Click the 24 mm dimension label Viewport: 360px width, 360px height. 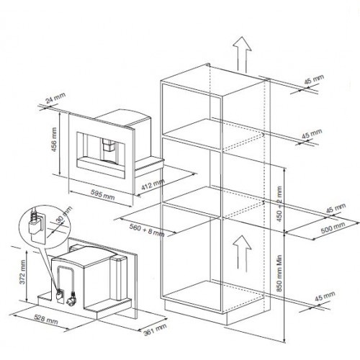point(55,98)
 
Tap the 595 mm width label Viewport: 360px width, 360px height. point(103,194)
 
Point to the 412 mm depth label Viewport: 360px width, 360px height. point(153,185)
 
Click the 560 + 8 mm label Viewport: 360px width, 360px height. point(147,230)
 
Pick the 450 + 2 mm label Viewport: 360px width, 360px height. point(279,204)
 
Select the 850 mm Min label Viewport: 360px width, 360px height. point(279,274)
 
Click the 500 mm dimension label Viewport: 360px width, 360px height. point(333,228)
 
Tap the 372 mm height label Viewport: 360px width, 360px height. point(22,272)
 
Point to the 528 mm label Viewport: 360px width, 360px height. point(46,320)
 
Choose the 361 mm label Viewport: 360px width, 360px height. point(155,330)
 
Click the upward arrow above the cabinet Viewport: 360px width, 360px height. point(242,55)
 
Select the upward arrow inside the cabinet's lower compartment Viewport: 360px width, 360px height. point(242,253)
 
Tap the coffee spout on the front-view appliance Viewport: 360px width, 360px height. point(109,146)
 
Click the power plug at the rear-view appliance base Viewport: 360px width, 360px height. point(72,298)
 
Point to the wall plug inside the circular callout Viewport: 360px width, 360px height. point(35,228)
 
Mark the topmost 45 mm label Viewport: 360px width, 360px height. point(314,79)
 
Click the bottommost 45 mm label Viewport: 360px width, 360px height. point(325,297)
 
